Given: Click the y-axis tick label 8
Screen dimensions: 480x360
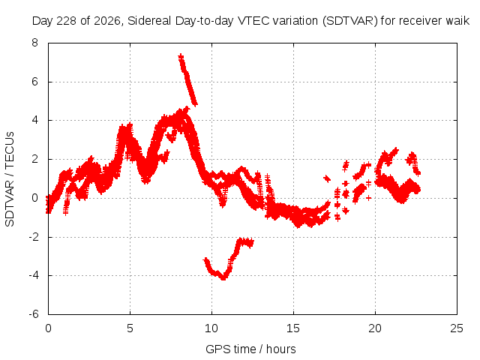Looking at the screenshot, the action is coord(35,43).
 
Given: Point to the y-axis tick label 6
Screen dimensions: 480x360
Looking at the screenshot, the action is coord(35,82).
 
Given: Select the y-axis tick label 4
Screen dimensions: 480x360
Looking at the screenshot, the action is coord(35,120).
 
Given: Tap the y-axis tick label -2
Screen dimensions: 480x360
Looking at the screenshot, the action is coord(34,237).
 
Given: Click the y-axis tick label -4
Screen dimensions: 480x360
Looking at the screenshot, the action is coord(34,275).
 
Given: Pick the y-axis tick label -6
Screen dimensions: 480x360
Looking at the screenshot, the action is coord(34,314).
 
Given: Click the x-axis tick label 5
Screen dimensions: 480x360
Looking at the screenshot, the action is coord(130,328).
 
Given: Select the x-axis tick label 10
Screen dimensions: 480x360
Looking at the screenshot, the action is coord(211,328).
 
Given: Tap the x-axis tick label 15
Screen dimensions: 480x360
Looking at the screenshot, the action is coord(293,328).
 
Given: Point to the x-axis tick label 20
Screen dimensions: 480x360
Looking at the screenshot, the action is coord(375,328).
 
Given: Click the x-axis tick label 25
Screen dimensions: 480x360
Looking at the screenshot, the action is coord(457,328).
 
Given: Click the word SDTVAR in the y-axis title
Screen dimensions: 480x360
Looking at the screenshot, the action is coord(10,205).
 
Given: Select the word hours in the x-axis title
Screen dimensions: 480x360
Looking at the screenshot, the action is coord(281,349).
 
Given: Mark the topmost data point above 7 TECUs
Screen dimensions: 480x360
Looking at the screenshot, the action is coord(181,56).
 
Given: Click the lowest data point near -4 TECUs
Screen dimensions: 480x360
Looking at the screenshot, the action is coord(223,278).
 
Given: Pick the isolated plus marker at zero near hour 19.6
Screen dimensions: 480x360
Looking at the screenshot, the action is coord(368,198).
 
